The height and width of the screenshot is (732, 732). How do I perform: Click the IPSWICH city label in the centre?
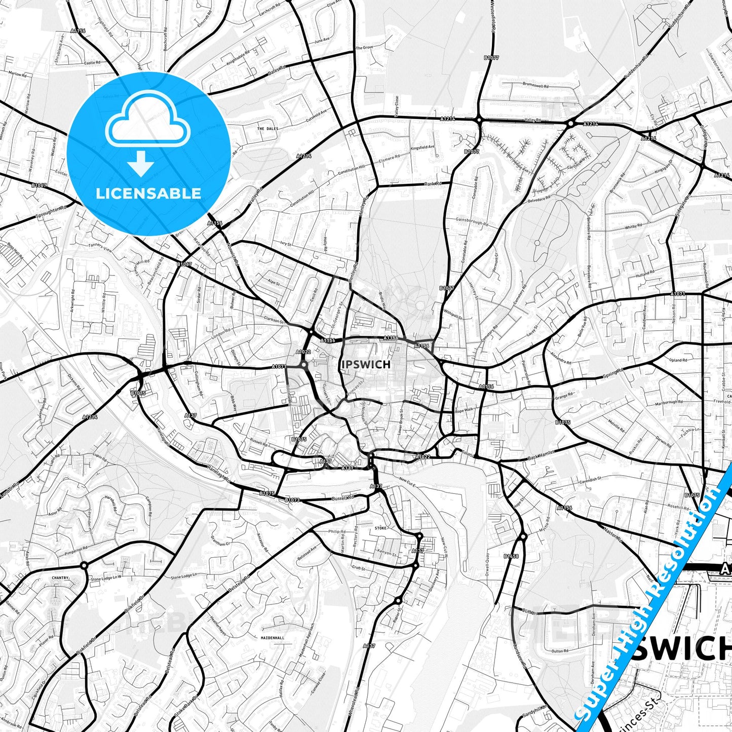[366, 364]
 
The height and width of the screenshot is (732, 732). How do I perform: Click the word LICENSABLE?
[148, 193]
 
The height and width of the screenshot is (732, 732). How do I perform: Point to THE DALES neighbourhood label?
[267, 129]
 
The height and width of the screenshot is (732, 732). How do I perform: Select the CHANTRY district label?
[60, 577]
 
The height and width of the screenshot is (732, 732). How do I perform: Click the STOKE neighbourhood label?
[380, 528]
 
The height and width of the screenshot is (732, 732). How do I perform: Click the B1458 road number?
[511, 556]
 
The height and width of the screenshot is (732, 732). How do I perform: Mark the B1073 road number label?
[292, 500]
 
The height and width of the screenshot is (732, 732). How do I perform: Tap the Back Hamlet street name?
[541, 454]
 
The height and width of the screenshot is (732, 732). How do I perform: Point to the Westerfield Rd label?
[492, 16]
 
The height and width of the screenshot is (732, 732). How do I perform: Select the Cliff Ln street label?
[529, 612]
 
